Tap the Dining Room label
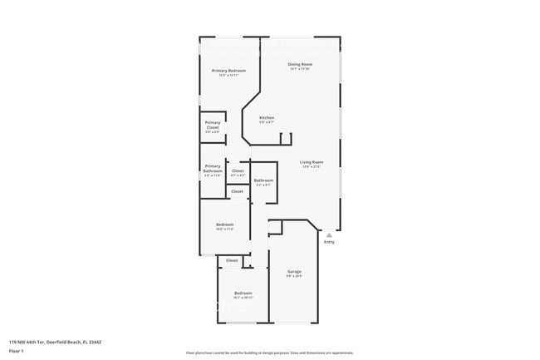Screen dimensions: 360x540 300,64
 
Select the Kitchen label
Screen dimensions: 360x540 267,118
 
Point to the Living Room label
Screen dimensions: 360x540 312,162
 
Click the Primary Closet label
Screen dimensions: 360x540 213,126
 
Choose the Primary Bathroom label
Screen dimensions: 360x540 213,168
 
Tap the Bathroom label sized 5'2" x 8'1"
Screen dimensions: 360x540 263,180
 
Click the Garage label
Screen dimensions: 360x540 294,272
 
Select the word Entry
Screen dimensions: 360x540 329,242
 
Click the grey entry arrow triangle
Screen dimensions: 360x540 329,234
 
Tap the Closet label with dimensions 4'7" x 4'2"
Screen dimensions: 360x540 238,171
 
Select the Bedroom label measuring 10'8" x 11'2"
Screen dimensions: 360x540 225,224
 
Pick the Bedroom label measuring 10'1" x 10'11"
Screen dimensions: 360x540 243,293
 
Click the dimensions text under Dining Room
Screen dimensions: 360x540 300,69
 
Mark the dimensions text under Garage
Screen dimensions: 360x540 294,277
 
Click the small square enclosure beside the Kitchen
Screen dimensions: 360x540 286,138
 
